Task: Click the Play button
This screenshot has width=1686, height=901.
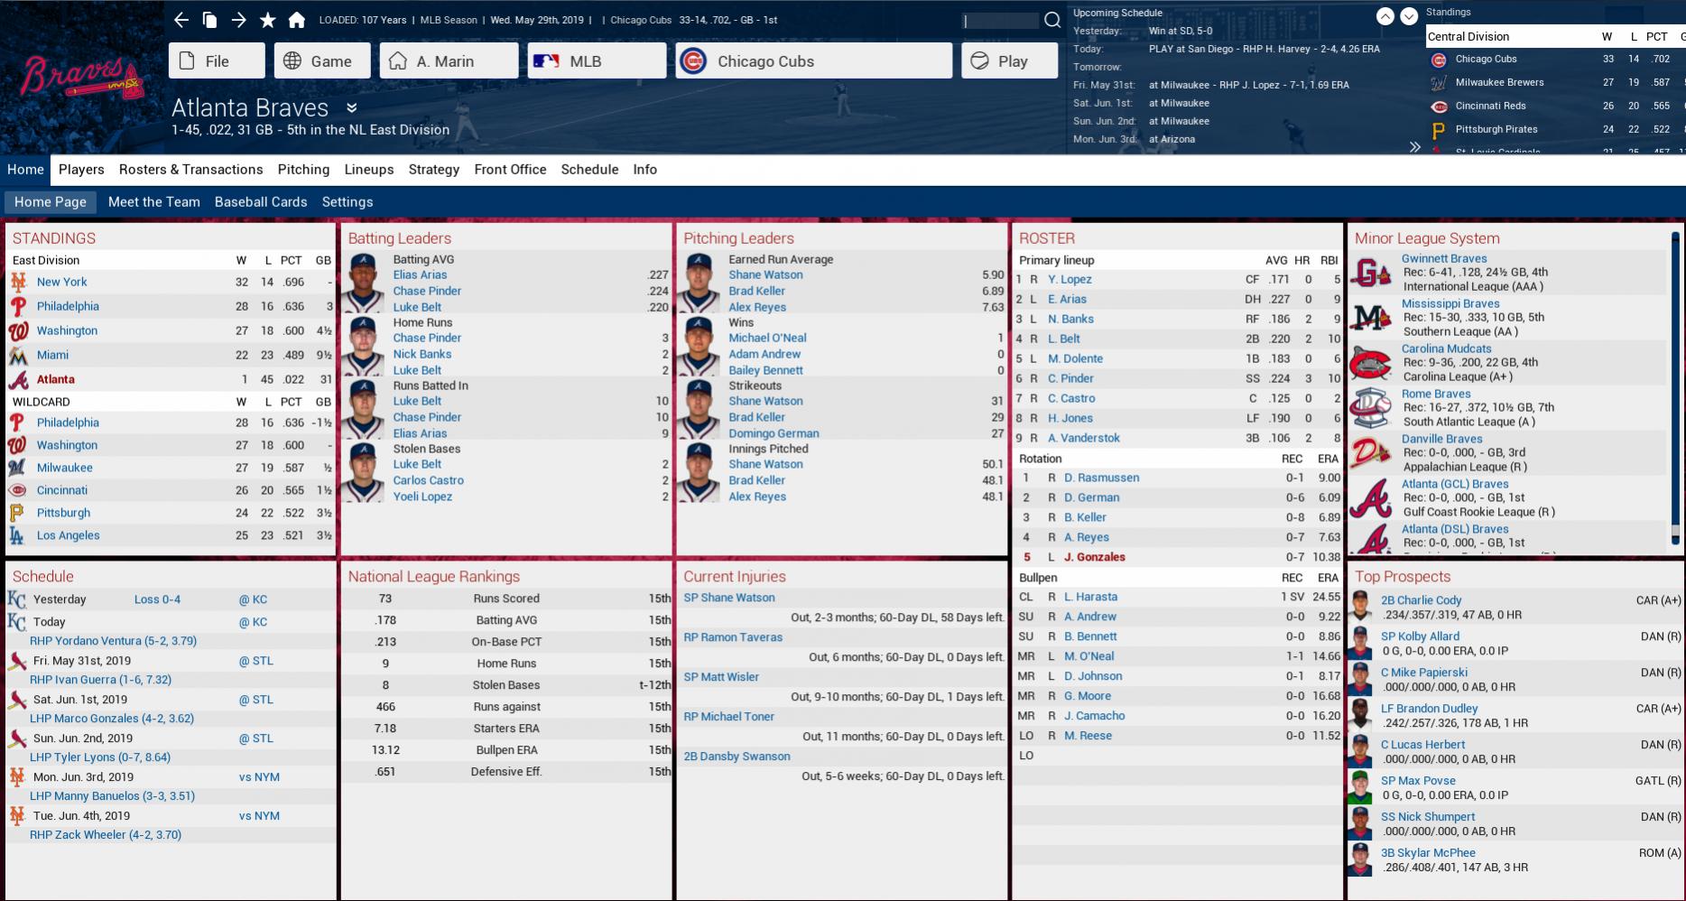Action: click(x=1009, y=61)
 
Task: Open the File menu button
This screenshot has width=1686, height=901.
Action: click(x=217, y=61)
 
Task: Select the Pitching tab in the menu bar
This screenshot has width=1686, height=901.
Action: click(x=303, y=170)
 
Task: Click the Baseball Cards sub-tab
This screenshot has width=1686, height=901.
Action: click(x=261, y=202)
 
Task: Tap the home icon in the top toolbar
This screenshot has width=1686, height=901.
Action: click(x=297, y=20)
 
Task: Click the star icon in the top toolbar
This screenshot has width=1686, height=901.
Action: click(x=268, y=20)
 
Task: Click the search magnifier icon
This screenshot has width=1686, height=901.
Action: click(x=1052, y=20)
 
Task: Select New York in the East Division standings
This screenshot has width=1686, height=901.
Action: click(x=62, y=282)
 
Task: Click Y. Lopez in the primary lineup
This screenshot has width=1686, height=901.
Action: click(x=1070, y=280)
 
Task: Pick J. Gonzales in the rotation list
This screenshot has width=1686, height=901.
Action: click(x=1094, y=557)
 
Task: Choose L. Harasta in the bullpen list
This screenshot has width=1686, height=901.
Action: click(x=1090, y=597)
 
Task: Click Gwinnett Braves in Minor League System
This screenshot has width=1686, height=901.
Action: click(x=1444, y=258)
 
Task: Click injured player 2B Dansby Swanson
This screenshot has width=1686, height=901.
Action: click(x=736, y=757)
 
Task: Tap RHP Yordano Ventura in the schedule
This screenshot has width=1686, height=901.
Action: click(x=113, y=641)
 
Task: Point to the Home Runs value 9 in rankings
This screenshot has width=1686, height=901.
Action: click(x=385, y=664)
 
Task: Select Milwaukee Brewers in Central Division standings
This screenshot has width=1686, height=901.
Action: click(x=1499, y=82)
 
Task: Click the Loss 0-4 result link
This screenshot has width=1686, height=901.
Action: click(x=157, y=599)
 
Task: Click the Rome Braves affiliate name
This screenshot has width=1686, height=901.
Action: click(x=1436, y=394)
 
